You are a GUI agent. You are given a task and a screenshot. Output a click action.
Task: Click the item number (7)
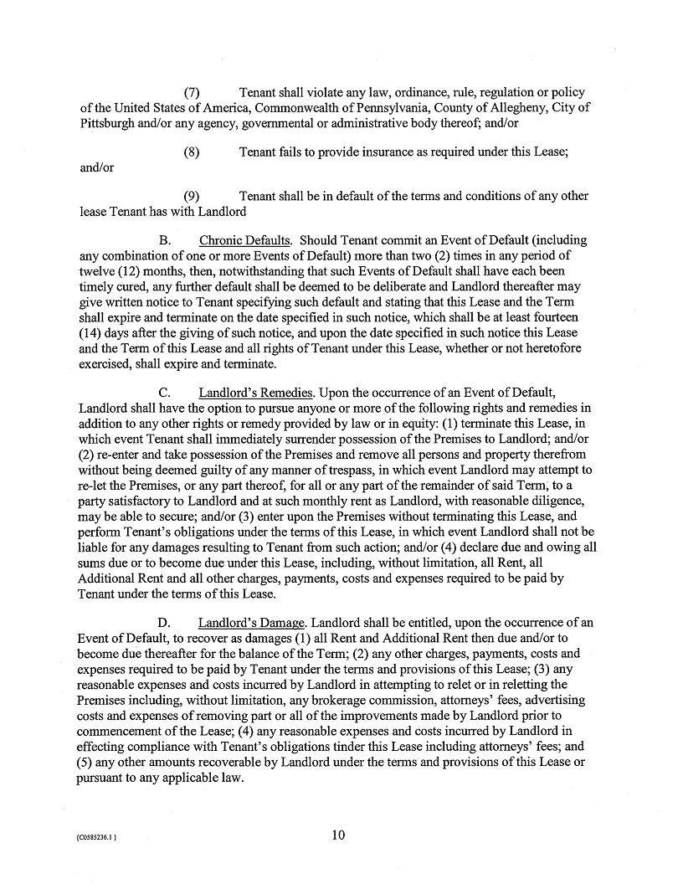(191, 92)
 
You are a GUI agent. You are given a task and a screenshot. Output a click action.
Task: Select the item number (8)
(191, 152)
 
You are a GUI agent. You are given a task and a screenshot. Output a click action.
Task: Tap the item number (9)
(191, 196)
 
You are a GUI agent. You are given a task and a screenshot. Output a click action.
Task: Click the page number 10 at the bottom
(338, 835)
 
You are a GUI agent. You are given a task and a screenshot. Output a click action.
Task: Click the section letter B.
(164, 240)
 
